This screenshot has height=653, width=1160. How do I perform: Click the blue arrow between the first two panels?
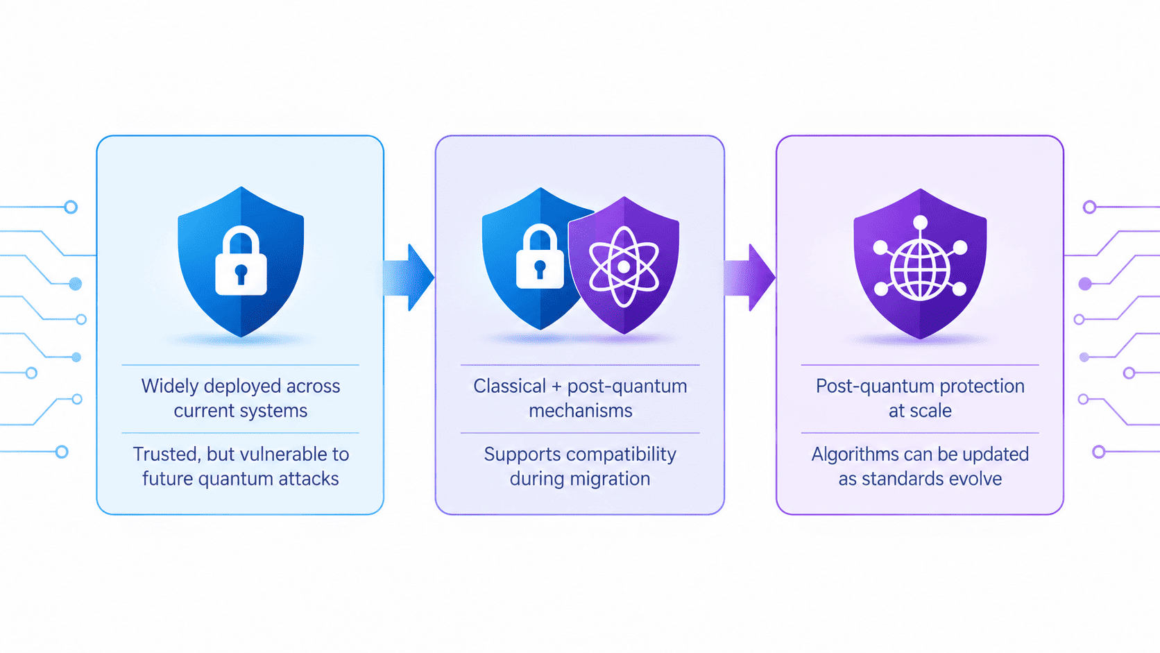point(408,278)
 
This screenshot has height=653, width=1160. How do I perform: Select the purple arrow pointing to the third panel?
point(749,278)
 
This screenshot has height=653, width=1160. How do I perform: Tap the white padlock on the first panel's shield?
point(241,262)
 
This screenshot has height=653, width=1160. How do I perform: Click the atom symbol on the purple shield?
point(624,266)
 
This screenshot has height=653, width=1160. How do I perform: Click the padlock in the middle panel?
point(540,256)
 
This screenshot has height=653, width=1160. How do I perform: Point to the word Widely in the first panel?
point(170,387)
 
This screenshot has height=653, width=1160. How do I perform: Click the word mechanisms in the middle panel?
point(581,411)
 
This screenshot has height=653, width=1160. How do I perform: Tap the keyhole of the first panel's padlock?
point(241,274)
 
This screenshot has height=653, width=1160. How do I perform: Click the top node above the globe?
point(920,223)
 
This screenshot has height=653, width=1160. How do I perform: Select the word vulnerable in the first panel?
point(278,454)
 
